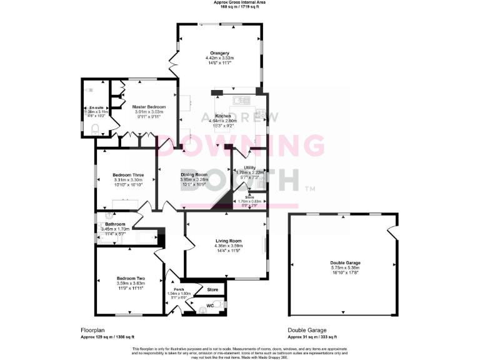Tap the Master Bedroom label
coord(149,107)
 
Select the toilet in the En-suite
coord(95,130)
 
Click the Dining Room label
coord(194,174)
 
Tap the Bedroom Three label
coord(128,174)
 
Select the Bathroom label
coord(115,224)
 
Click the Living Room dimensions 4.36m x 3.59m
coord(228,246)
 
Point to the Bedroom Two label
coord(131,278)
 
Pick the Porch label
coord(177,289)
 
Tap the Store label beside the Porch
coord(212,290)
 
